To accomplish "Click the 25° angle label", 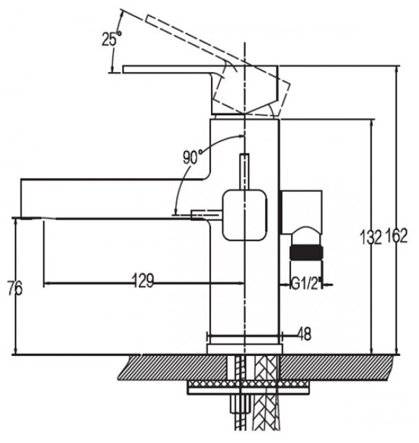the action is [111, 38].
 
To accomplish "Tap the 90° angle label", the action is [192, 156].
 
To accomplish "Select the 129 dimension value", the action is [142, 280].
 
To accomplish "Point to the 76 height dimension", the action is [14, 289].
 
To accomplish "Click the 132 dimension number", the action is [370, 238].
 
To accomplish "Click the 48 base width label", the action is [305, 334].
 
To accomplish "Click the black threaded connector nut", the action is [305, 250].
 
